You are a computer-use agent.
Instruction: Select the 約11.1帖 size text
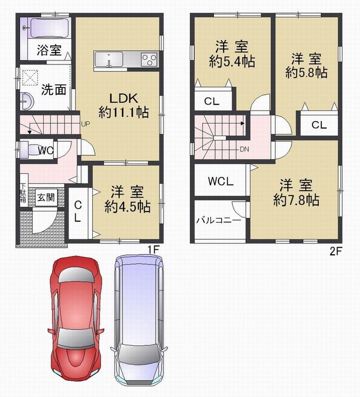click(x=123, y=113)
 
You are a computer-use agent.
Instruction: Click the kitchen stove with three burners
click(x=148, y=59)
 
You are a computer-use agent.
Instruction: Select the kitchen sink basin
click(x=110, y=60)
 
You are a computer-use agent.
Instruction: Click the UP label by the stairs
click(x=85, y=125)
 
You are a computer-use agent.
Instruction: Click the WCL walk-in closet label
click(x=221, y=182)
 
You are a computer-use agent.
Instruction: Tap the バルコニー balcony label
click(x=219, y=219)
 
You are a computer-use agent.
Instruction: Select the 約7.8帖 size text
click(x=296, y=200)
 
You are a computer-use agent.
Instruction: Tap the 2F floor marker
click(x=336, y=251)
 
